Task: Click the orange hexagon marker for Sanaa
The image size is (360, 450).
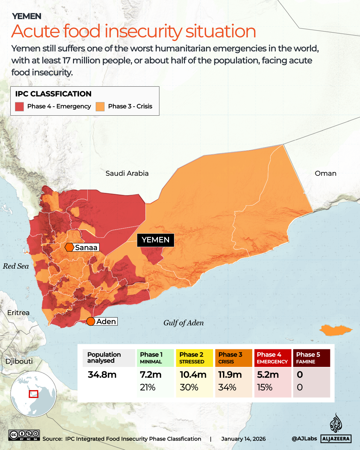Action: [69, 247]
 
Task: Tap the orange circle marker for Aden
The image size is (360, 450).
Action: [91, 321]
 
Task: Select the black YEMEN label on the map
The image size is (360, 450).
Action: [155, 240]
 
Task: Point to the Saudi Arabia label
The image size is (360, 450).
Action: [127, 173]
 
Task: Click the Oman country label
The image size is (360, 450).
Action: [325, 173]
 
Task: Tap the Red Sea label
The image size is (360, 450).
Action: [16, 266]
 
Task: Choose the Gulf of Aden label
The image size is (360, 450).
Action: [183, 323]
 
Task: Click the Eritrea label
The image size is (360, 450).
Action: [18, 313]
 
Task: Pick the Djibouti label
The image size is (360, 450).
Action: [19, 361]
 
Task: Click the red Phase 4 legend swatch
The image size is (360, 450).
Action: [19, 106]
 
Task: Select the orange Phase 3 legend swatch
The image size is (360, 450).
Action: [100, 106]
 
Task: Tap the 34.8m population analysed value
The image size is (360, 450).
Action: [102, 375]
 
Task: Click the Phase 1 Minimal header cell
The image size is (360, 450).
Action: [155, 358]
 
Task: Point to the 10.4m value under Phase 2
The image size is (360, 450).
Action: [193, 375]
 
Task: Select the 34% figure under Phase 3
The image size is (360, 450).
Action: [227, 387]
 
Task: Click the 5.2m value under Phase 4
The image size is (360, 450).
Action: [268, 375]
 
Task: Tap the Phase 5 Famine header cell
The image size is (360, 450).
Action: [311, 358]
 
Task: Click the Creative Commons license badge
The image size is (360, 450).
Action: [24, 435]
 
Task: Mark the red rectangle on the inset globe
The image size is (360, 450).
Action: [33, 394]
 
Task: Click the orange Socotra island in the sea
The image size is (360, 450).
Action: [335, 330]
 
